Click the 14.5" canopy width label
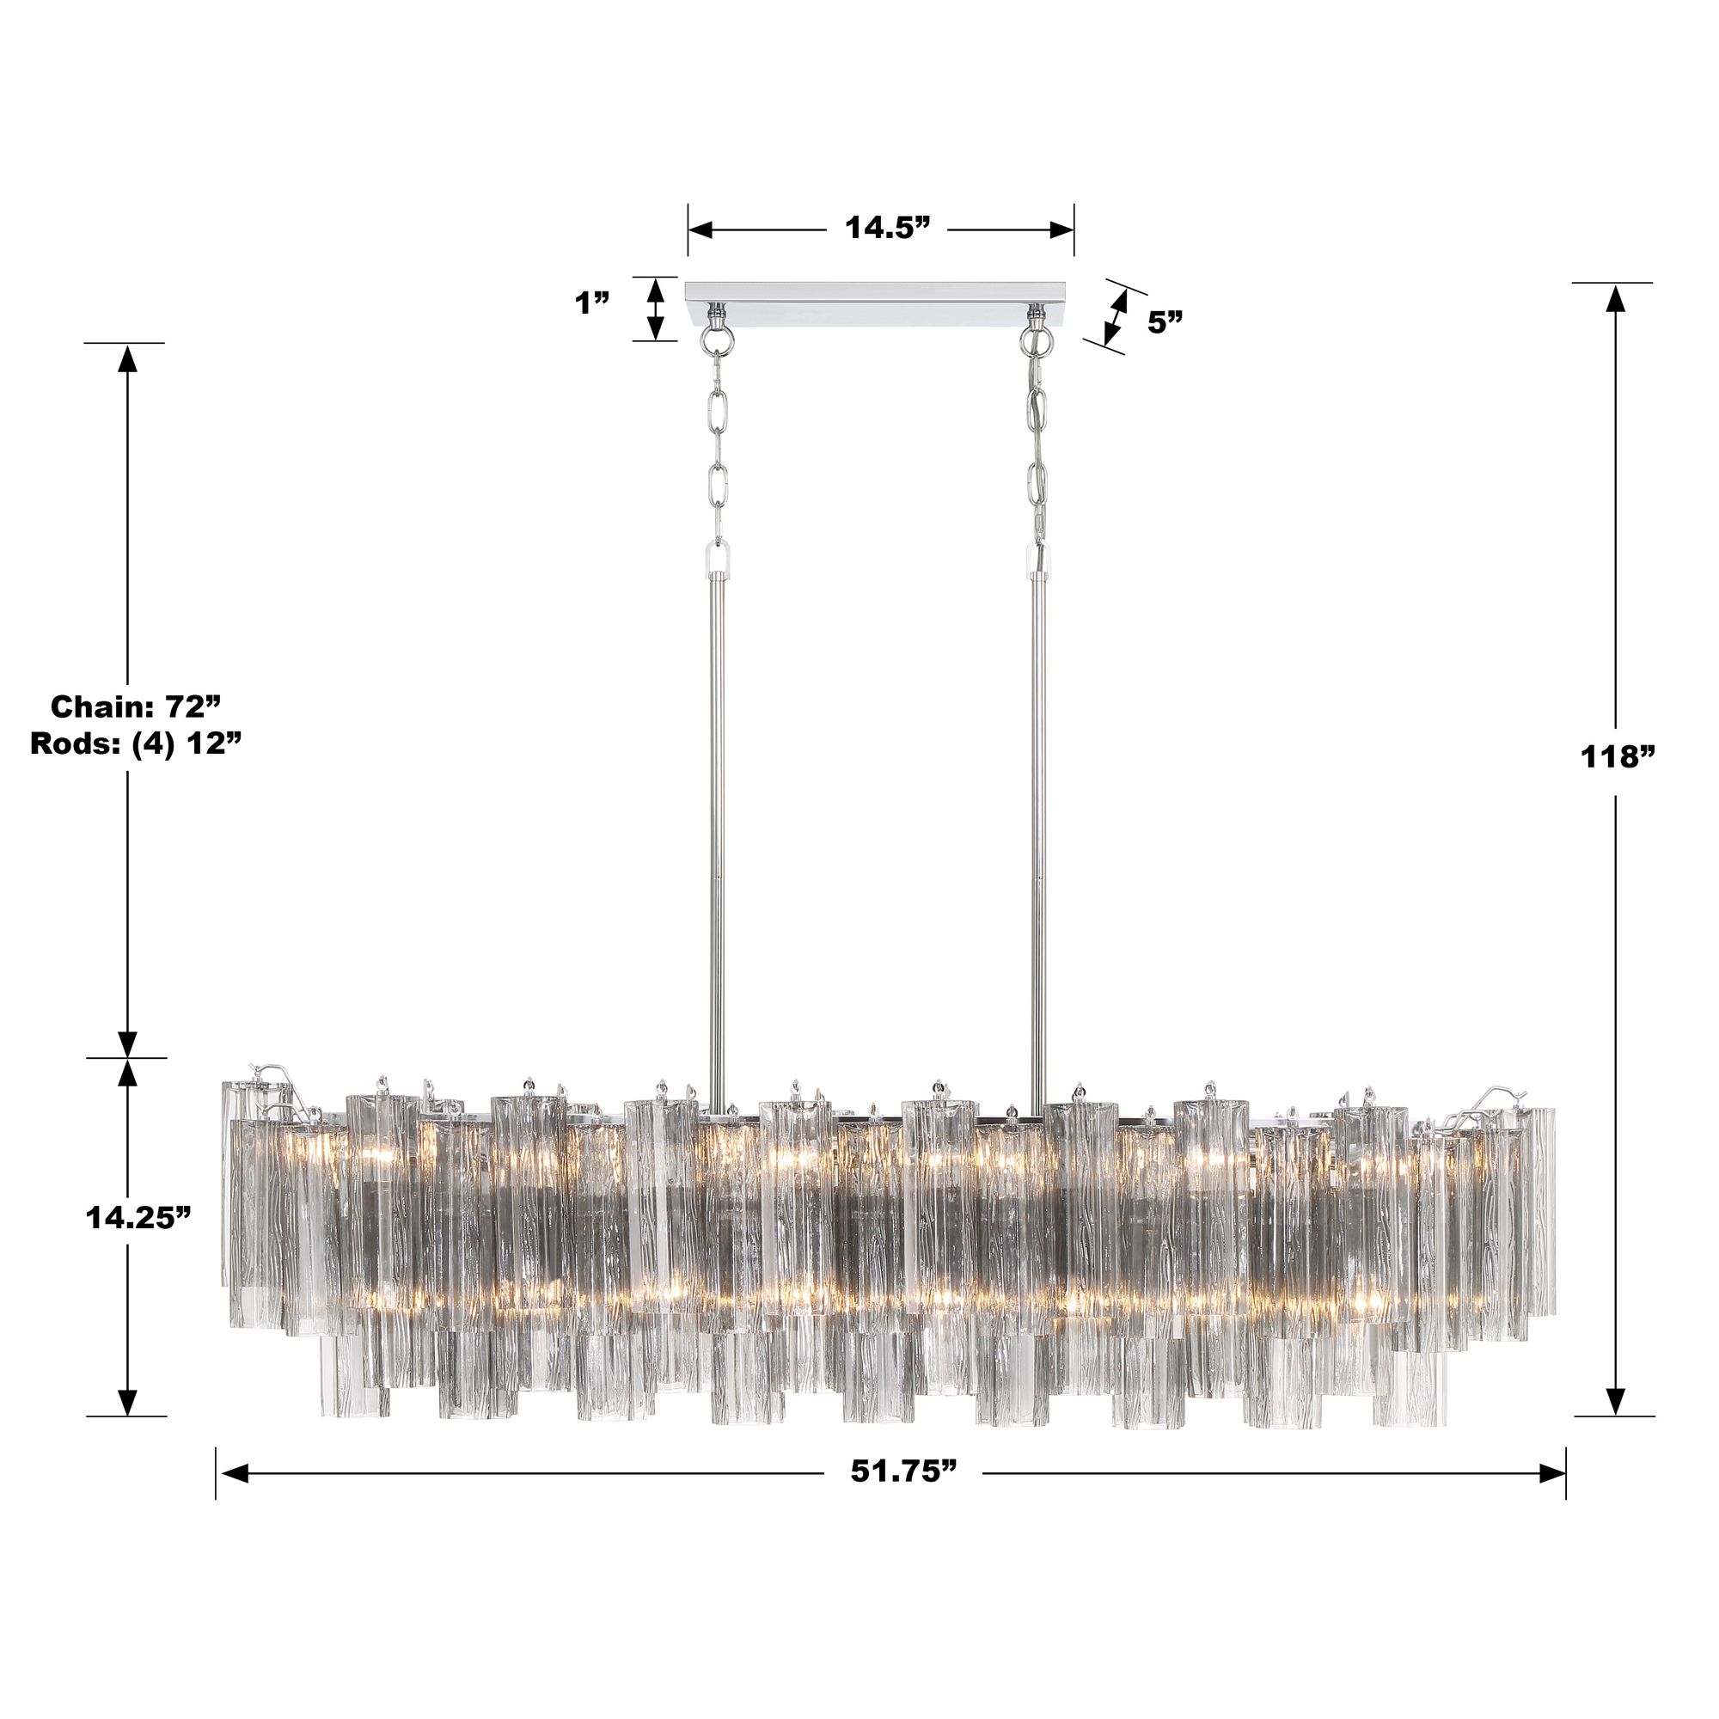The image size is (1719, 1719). [x=886, y=229]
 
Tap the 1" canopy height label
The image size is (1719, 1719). [x=591, y=303]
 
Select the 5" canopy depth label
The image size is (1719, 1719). [x=1165, y=323]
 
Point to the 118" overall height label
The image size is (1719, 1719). [x=1617, y=757]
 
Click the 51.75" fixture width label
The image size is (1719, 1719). [x=903, y=1471]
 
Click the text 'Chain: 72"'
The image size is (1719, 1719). [x=135, y=707]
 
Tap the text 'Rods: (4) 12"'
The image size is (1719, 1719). [x=136, y=743]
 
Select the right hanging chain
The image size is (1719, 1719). [x=1037, y=445]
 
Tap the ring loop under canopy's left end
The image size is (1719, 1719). [x=714, y=339]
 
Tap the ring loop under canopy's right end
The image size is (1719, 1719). [x=1035, y=339]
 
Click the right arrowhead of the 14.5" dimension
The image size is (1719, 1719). [x=1061, y=229]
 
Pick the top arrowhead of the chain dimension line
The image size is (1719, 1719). [x=128, y=358]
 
